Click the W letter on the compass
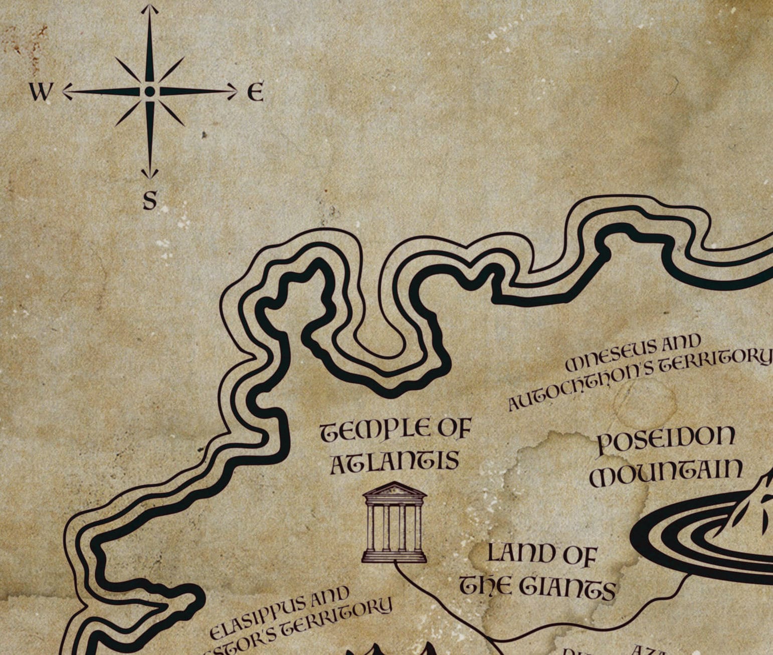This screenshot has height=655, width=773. point(40,92)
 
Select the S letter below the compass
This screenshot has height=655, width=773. point(150,200)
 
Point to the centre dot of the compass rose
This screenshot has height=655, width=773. point(149,91)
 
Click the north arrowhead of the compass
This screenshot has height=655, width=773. point(149,9)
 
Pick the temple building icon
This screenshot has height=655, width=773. point(395,522)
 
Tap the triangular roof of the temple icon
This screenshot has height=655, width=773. point(395,489)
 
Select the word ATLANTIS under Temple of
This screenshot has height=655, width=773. point(394,462)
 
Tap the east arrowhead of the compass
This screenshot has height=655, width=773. point(233,91)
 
